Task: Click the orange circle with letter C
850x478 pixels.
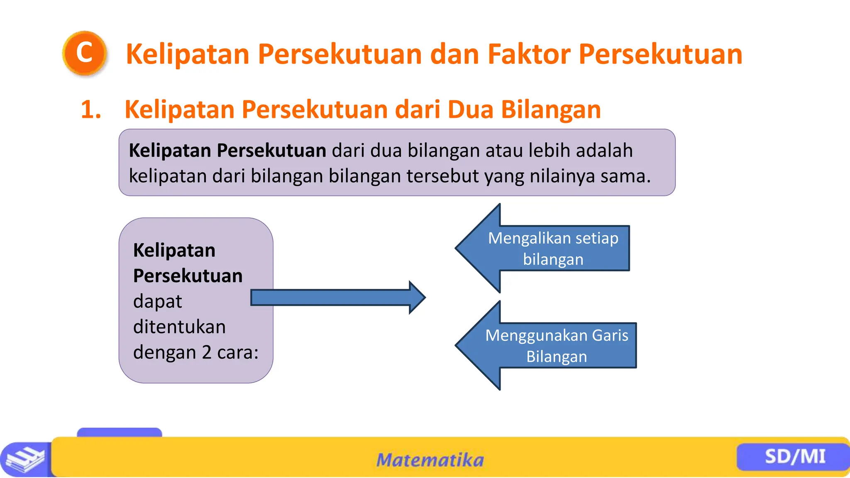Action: coord(85,53)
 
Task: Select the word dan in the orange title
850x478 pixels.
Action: coord(454,54)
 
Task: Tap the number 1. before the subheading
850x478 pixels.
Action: coord(91,110)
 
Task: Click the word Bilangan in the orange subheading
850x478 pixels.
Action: coord(551,110)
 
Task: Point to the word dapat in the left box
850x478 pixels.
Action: coord(157,302)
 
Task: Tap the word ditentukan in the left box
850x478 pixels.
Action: coord(179,327)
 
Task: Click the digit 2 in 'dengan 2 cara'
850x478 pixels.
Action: coord(207,352)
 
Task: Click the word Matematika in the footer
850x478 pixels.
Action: coord(430,460)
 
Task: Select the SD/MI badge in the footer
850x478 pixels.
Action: coord(794,456)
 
